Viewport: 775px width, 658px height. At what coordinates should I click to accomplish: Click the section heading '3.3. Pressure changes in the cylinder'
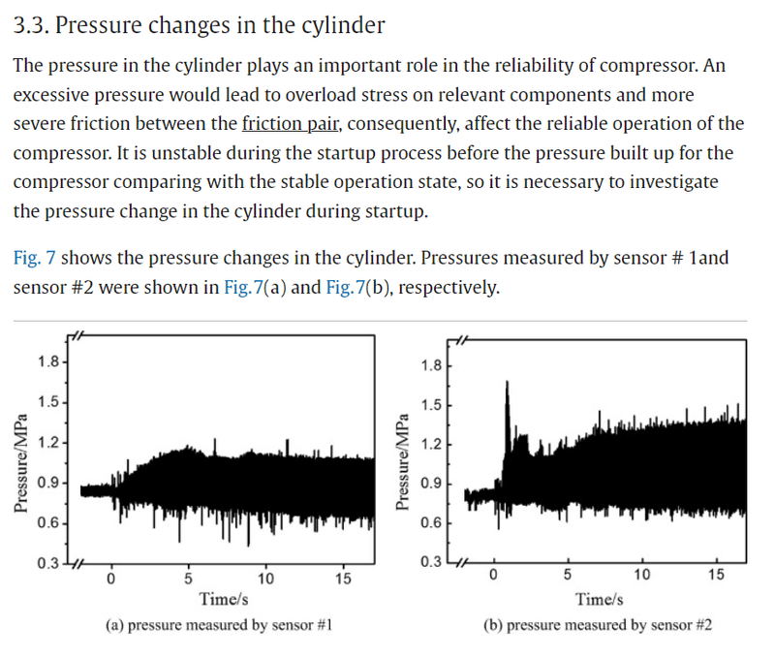coord(199,25)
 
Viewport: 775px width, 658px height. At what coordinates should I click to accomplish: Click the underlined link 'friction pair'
coord(286,123)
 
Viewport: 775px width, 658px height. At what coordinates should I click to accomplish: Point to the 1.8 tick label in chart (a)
coord(46,362)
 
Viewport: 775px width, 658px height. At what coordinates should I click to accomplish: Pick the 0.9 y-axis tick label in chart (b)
coord(434,483)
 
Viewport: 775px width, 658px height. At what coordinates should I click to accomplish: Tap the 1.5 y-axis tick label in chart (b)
coord(434,403)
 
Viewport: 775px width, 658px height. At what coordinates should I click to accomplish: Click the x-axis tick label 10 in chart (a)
coord(265,580)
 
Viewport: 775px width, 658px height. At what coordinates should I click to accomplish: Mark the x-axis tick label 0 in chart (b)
coord(493,578)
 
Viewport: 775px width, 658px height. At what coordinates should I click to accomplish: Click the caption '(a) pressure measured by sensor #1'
coord(219,625)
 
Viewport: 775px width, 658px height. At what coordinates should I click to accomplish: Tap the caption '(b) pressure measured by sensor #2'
coord(599,625)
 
